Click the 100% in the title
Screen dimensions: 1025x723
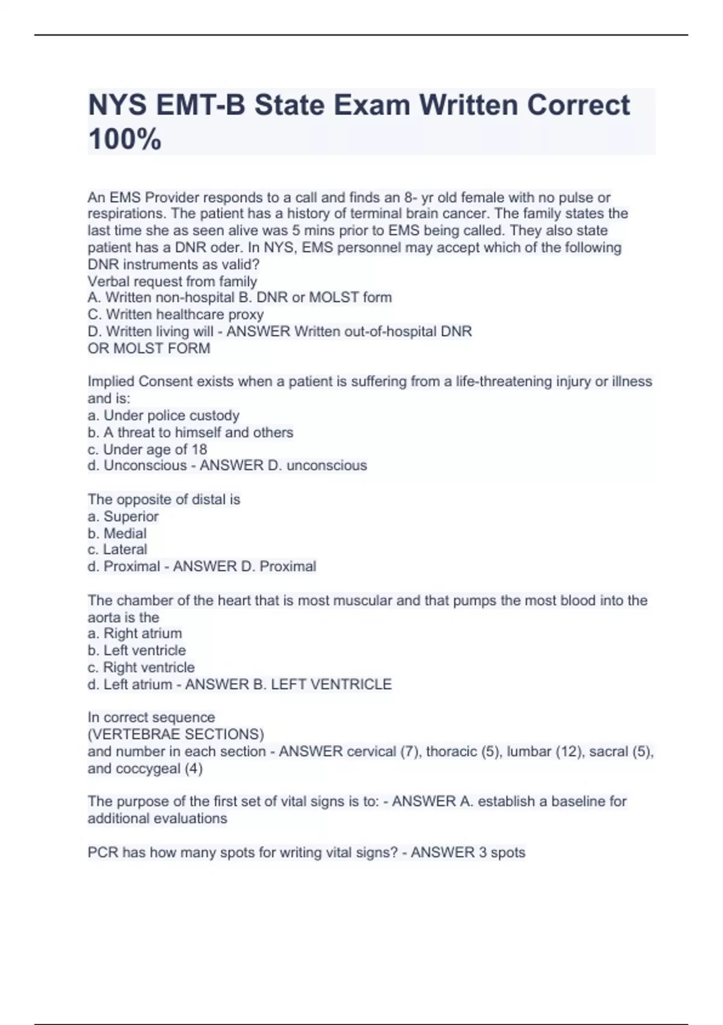[x=125, y=139]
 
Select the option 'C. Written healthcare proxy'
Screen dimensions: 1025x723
[x=175, y=315]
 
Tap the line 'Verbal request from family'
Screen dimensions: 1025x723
[x=172, y=282]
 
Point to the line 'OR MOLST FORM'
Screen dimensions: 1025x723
[x=149, y=348]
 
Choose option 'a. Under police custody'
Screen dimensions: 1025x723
[x=163, y=415]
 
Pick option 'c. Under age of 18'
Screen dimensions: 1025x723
[x=147, y=449]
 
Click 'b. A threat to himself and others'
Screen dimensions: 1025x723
[x=190, y=432]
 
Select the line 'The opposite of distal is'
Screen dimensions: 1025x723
[x=164, y=499]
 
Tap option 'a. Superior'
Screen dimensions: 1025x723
[x=123, y=517]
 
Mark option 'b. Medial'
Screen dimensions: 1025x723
[x=117, y=534]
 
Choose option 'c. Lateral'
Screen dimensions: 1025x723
[x=117, y=550]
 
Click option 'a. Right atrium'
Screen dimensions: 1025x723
[x=134, y=634]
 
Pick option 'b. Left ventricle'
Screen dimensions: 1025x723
[x=137, y=651]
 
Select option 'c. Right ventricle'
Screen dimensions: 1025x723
[x=141, y=667]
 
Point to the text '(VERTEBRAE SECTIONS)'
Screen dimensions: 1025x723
[x=176, y=734]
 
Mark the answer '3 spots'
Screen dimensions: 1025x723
[x=499, y=853]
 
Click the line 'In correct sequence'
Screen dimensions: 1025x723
[x=151, y=717]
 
